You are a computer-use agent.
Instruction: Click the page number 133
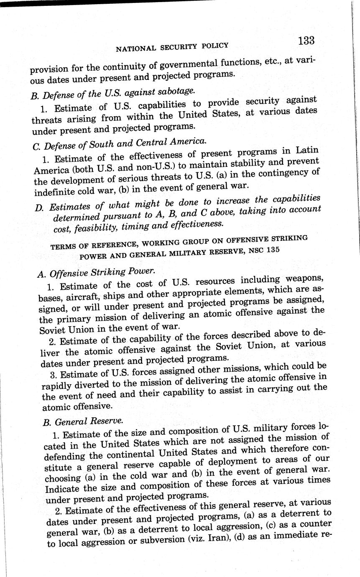point(306,41)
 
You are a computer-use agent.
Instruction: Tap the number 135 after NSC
point(272,250)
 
